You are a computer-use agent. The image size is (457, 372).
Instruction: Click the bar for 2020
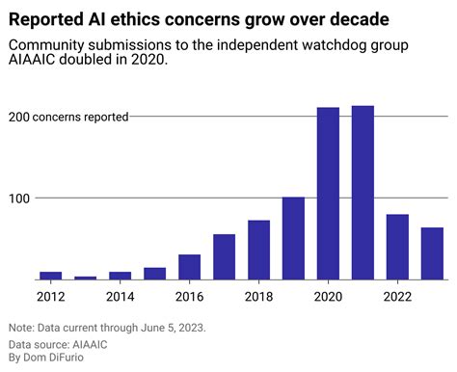coord(328,194)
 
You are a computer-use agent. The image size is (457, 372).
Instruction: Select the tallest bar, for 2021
coord(363,193)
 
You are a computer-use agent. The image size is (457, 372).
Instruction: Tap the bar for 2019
coord(293,238)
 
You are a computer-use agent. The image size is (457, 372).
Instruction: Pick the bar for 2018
coord(258,250)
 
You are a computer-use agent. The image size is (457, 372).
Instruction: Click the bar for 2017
coord(224,256)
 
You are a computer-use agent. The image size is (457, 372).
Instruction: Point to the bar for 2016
coord(189,267)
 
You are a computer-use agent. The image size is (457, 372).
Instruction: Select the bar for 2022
coord(397,247)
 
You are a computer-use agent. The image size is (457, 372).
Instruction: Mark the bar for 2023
coord(432,253)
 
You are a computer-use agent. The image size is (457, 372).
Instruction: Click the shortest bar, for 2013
coord(85,278)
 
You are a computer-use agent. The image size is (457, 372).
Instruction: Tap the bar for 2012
coord(50,276)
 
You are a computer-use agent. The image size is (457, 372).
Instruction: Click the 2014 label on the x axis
coord(120,296)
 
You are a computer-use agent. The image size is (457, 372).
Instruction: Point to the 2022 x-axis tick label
coord(397,296)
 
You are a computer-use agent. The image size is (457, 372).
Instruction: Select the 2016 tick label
coord(189,296)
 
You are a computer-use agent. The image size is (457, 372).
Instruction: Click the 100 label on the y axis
coord(19,198)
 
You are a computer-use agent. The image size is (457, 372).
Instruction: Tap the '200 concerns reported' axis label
coord(68,117)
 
